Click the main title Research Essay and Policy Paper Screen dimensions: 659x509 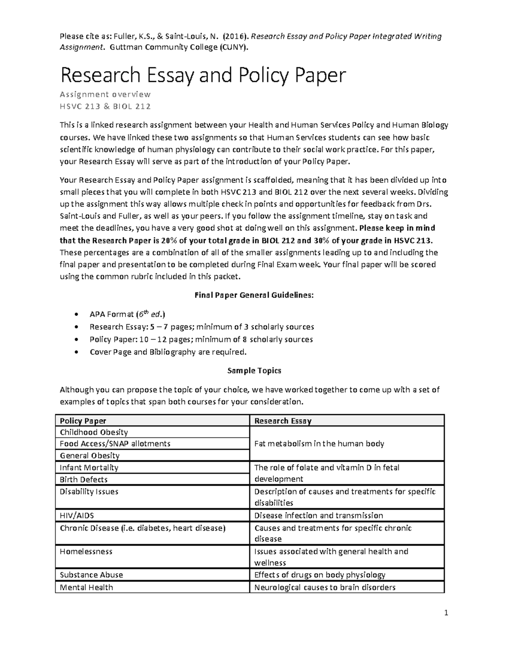[x=203, y=76]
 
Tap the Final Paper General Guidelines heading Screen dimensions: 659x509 [x=254, y=295]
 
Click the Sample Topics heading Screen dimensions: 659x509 [x=254, y=370]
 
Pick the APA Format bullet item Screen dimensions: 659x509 [x=127, y=314]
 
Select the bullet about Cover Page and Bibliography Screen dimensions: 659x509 [x=168, y=352]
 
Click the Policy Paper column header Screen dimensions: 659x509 [x=83, y=421]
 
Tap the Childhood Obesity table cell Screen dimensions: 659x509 [x=94, y=432]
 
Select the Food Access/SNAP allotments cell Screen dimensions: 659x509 [x=115, y=443]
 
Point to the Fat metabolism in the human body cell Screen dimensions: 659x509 [x=319, y=443]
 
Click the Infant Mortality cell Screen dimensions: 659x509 [x=89, y=467]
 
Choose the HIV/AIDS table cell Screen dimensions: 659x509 [x=77, y=515]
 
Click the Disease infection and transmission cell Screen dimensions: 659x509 [x=318, y=515]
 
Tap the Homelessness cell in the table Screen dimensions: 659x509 [x=86, y=551]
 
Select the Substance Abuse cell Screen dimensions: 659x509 [x=91, y=575]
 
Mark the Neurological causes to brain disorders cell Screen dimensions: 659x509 [x=324, y=587]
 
